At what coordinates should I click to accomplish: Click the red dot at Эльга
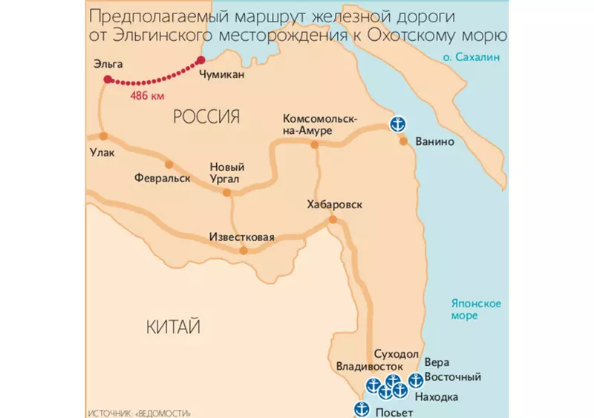point(108,79)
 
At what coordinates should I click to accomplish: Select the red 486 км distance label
point(147,97)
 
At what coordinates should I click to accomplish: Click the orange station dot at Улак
point(103,136)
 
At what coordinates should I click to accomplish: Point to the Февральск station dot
point(169,164)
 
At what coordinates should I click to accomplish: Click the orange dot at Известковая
point(243,251)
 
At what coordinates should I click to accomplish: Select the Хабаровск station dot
point(333,219)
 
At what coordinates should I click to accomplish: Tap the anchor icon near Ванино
point(399,123)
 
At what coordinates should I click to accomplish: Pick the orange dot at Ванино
point(403,141)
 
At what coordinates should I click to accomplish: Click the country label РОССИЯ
point(206,116)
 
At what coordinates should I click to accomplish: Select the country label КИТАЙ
point(174,327)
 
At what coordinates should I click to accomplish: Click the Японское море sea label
point(477,309)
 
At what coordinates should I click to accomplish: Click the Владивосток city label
point(369,367)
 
